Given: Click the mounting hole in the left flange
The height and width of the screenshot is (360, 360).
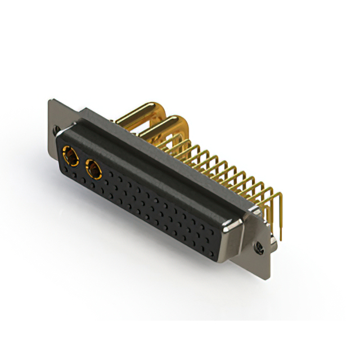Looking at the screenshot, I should pyautogui.click(x=56, y=130).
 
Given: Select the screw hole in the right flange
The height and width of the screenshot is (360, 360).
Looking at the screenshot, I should pyautogui.click(x=260, y=246).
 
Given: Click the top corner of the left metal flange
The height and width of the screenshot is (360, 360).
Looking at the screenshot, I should pyautogui.click(x=51, y=101).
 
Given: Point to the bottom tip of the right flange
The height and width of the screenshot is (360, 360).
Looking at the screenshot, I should pyautogui.click(x=268, y=277).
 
